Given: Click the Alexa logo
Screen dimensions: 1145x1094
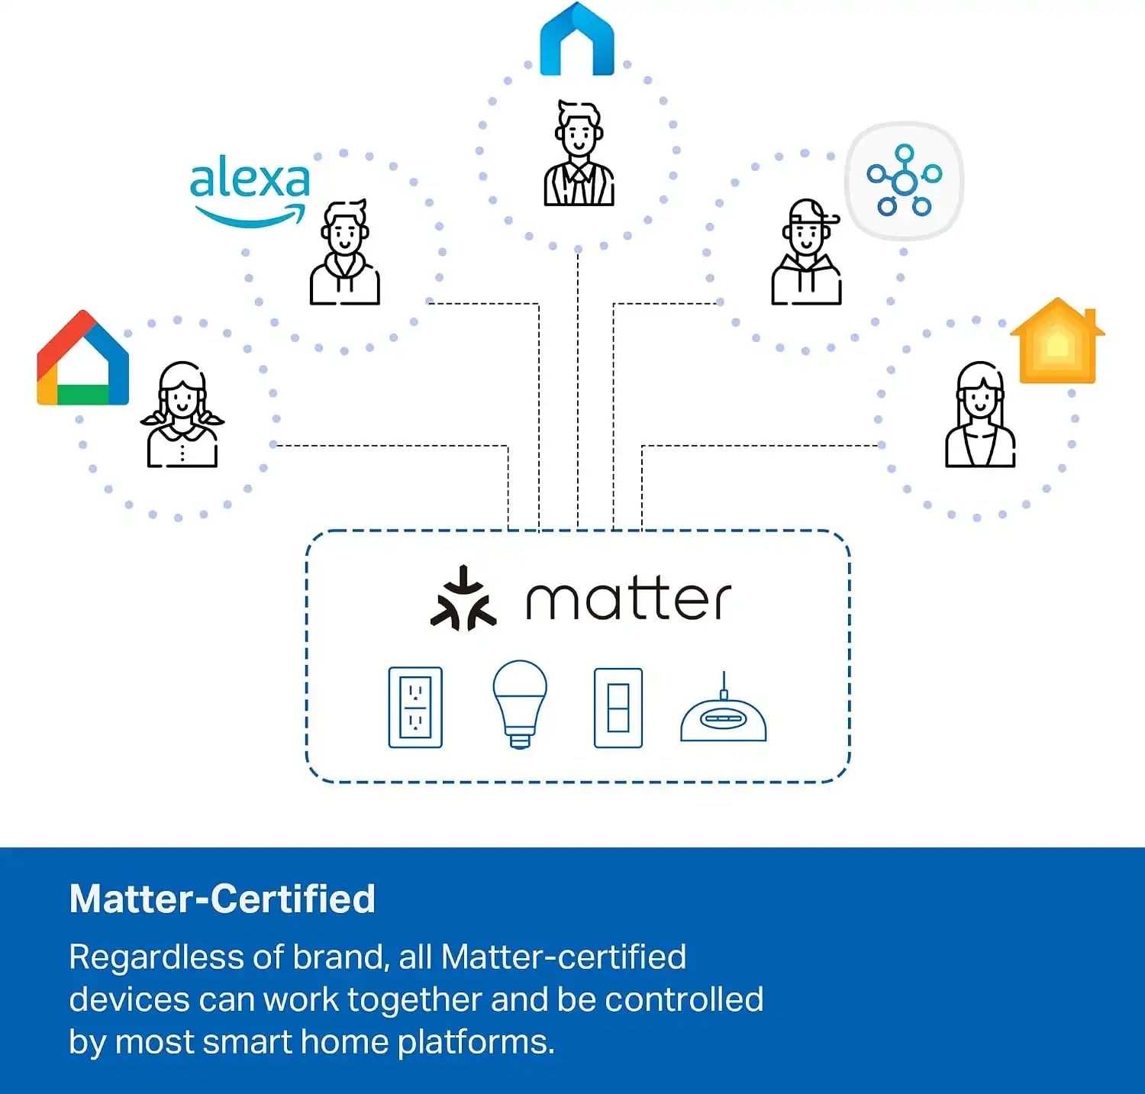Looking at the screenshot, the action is [250, 191].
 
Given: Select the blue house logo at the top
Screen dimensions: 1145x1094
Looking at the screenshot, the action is [577, 40].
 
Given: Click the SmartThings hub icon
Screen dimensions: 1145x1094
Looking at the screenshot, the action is [905, 181].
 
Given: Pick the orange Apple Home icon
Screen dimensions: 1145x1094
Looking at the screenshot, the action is [1057, 340].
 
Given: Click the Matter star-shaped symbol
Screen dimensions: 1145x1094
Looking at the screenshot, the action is [463, 599].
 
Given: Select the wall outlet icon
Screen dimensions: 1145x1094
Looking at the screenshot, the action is [415, 707].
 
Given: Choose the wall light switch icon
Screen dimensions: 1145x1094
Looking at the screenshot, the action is [618, 708].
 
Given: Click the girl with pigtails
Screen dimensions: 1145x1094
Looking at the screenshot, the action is [182, 415].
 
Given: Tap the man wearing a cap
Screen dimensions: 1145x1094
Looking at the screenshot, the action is [807, 253].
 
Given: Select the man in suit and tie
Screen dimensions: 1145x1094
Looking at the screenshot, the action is [579, 153].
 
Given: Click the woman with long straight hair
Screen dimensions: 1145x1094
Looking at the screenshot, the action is [980, 415].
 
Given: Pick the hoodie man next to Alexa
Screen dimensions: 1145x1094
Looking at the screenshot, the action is [345, 253].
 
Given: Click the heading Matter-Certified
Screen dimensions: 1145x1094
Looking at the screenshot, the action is [222, 899].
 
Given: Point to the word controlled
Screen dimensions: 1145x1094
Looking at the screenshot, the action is [684, 999].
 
